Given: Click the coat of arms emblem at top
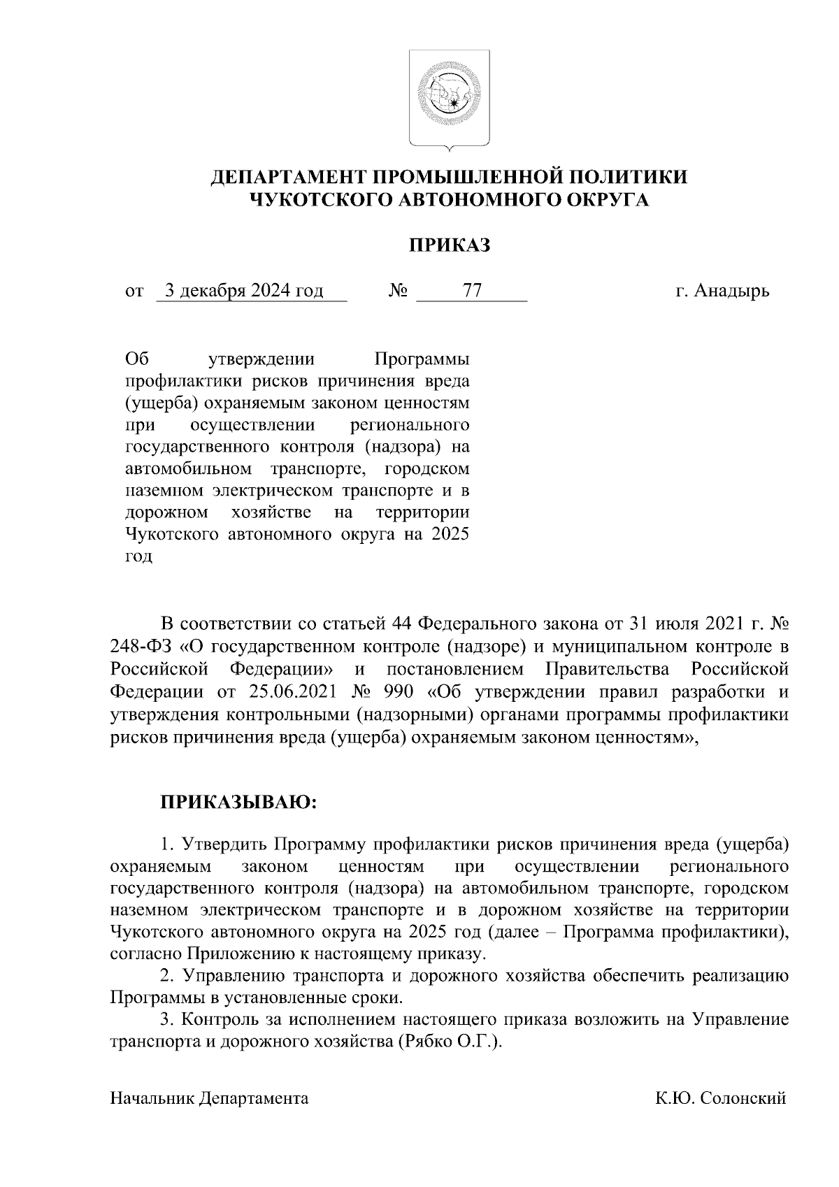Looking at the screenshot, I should pos(449,99).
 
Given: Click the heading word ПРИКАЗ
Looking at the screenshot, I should pos(449,245).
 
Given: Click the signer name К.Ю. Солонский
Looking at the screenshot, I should pos(721,1098).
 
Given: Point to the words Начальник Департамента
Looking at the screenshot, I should pos(209,1098).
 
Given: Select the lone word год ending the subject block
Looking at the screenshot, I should pos(138,557).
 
